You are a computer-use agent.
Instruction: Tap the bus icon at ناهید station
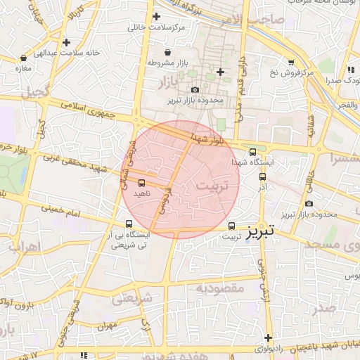(142, 184)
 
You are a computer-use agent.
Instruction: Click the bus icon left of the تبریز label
(232, 226)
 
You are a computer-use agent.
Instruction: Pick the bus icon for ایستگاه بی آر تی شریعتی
(128, 224)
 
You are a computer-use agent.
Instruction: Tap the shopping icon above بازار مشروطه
(167, 53)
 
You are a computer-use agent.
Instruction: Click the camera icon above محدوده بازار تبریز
(195, 90)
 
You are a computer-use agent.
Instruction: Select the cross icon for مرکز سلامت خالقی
(156, 16)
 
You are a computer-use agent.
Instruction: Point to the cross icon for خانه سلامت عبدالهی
(66, 43)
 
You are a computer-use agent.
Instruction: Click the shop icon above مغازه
(25, 58)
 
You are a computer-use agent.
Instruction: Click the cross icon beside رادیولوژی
(268, 337)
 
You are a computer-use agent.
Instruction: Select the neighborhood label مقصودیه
(219, 288)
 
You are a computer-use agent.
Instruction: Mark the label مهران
(107, 327)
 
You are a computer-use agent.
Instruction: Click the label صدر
(326, 308)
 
